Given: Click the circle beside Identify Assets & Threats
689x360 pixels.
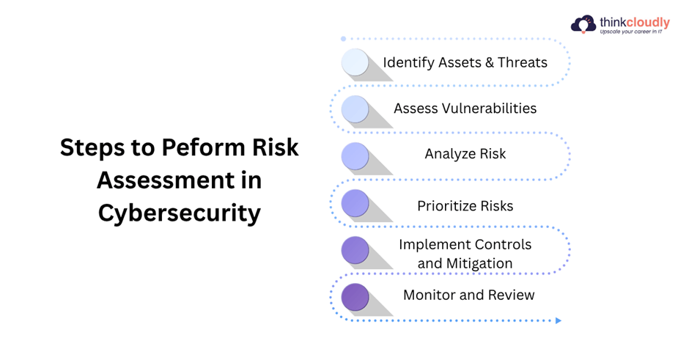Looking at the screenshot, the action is coord(355,62).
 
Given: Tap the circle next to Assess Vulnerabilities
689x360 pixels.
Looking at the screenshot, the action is coord(355,109).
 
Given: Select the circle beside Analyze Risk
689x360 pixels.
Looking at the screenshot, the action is coord(355,156).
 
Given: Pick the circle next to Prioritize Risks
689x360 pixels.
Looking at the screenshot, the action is coord(355,203).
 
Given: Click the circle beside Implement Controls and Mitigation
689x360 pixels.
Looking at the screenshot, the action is coord(355,250).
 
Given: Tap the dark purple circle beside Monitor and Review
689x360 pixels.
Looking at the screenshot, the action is coord(355,297).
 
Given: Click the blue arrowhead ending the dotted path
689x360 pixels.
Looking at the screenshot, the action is coord(559,320).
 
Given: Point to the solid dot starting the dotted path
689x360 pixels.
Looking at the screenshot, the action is coord(343,39).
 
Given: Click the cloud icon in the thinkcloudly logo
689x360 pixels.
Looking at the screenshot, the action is coord(583,25).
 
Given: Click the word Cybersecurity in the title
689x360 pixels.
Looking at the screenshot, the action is coord(180,213).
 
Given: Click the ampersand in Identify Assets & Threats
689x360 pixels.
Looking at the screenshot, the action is coord(490,62).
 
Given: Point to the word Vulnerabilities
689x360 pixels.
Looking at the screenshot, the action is coord(489,108).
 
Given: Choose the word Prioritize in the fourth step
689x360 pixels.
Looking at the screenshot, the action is coord(446,206).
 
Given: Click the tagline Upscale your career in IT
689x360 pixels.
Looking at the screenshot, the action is coord(631,32).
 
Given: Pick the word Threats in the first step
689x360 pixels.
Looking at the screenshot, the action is coord(523,62).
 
